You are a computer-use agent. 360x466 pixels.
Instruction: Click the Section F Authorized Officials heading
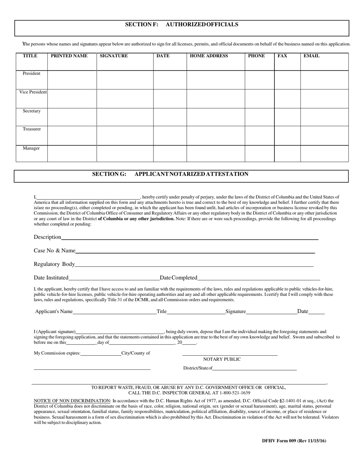tap(182, 25)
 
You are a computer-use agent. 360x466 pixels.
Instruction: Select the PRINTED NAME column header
tap(69, 56)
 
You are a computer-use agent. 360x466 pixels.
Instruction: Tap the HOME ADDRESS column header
tap(209, 56)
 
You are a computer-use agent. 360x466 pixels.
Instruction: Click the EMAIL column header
tap(311, 56)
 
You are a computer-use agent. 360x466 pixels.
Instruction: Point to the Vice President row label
tap(33, 92)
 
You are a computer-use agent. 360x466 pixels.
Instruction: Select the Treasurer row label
tap(31, 129)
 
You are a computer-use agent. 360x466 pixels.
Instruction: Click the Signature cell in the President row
tap(125, 80)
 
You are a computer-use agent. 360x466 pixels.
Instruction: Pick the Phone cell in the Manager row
tap(259, 153)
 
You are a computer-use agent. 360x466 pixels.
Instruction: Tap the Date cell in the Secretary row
tap(170, 117)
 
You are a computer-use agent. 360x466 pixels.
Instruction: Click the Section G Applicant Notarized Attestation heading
tap(170, 174)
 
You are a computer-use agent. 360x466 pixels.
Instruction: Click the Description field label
tap(47, 237)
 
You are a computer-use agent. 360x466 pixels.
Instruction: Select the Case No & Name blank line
tap(195, 252)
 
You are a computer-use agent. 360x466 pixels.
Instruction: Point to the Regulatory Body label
tap(54, 264)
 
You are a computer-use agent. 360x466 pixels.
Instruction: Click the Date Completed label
tap(178, 278)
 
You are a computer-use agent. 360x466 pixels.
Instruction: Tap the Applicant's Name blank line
tap(114, 313)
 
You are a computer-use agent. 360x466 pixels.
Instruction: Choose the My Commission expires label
tap(57, 353)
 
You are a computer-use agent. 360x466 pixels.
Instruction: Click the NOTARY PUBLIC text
tap(222, 359)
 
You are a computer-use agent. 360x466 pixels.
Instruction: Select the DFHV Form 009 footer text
tap(294, 441)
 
